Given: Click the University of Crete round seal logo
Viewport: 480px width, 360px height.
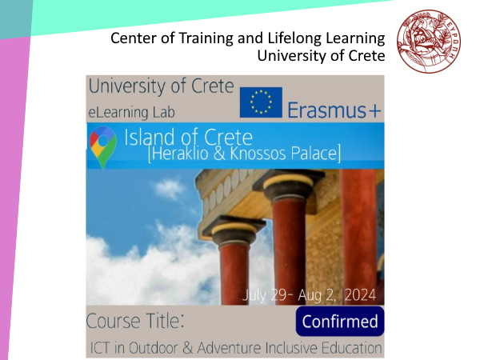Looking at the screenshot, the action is click(429, 42).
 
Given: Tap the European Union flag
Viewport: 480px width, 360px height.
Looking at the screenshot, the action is click(261, 102).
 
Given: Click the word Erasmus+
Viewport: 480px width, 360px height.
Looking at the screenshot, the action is click(334, 110).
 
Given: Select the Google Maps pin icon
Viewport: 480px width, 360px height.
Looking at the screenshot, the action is click(103, 146).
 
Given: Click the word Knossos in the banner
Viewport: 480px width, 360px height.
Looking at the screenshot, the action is click(258, 153).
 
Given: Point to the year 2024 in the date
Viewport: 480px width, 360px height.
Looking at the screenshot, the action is click(360, 295).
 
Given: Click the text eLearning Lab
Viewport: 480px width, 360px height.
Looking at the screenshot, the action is click(132, 112).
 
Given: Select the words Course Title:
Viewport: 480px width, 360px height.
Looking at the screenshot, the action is click(135, 321).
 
